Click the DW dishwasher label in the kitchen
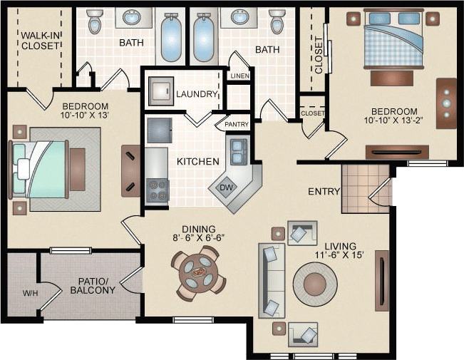(x=226, y=187)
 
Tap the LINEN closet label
(x=240, y=76)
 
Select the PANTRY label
(x=237, y=124)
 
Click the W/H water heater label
(x=31, y=294)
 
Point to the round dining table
(x=199, y=272)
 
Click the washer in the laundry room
(x=161, y=91)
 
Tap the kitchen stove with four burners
(x=158, y=191)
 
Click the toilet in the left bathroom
(x=95, y=21)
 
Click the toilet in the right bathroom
(x=277, y=21)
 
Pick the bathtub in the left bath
(x=171, y=37)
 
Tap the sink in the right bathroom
(x=239, y=17)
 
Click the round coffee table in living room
(x=315, y=284)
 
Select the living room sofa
(x=272, y=280)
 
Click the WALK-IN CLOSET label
(x=41, y=41)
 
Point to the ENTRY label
(x=324, y=192)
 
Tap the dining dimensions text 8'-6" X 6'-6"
(x=199, y=237)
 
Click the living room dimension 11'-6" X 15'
(x=339, y=255)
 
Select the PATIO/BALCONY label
(x=93, y=286)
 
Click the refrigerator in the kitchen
(x=160, y=130)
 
